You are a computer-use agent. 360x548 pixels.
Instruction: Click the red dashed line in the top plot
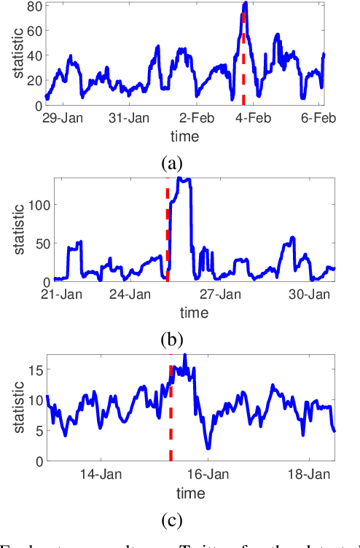tap(243, 66)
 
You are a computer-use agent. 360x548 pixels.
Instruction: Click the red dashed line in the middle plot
tap(167, 233)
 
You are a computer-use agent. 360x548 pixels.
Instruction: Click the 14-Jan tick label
tap(98, 474)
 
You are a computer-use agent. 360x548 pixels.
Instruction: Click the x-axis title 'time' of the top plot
tap(180, 136)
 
